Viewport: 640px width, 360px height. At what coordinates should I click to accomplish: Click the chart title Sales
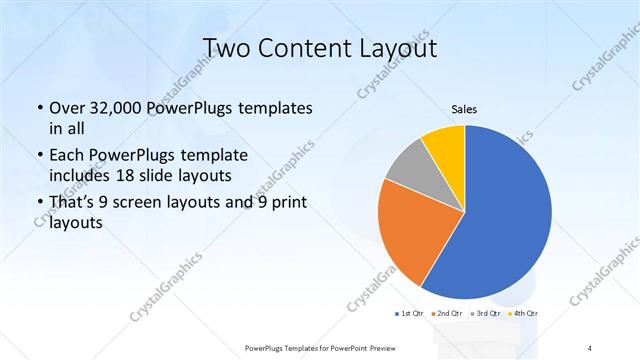[464, 108]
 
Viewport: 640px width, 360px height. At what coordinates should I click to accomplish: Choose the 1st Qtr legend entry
[411, 315]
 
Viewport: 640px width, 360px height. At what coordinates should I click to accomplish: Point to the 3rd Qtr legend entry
[487, 315]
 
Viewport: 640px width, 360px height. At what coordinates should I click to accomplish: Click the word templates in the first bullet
[276, 107]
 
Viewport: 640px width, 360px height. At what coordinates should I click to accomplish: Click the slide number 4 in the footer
[591, 347]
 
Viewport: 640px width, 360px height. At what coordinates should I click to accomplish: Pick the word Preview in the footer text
[389, 347]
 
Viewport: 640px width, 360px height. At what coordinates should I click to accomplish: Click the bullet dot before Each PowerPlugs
[38, 156]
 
